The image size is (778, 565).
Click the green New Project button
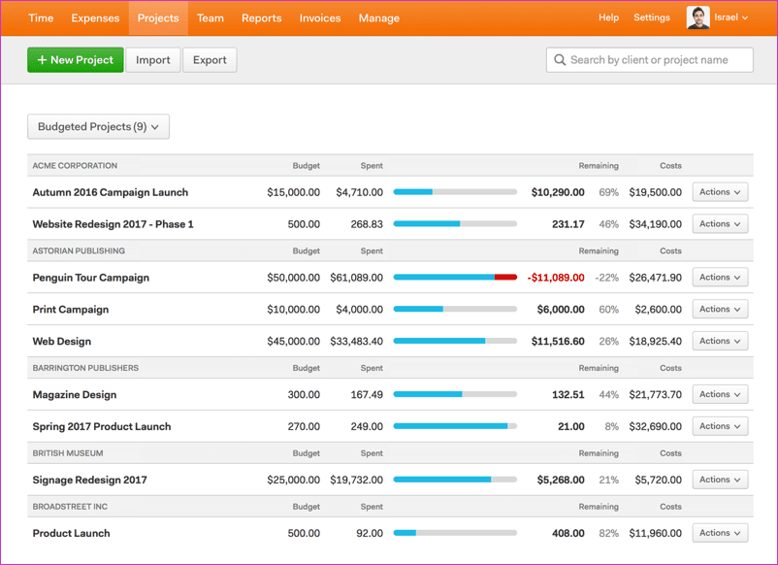click(x=76, y=60)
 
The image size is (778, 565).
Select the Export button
click(x=210, y=60)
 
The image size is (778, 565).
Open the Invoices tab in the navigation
click(x=320, y=17)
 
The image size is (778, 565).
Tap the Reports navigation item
click(x=262, y=17)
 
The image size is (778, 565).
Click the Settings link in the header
click(x=652, y=17)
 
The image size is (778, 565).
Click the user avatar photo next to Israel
click(x=698, y=17)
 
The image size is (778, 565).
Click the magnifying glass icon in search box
click(x=560, y=60)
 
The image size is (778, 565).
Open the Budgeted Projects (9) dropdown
click(x=98, y=126)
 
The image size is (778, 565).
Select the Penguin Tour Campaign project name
click(x=91, y=278)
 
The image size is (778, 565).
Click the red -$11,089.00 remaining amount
click(x=556, y=278)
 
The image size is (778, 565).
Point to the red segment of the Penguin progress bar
click(x=505, y=277)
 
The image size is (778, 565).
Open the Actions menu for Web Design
click(x=720, y=341)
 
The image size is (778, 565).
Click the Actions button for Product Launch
click(x=720, y=533)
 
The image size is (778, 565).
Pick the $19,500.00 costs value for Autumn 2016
click(x=656, y=192)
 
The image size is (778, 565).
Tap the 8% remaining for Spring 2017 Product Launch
click(x=612, y=426)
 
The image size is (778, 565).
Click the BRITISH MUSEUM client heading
click(x=68, y=453)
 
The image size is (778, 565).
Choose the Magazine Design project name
click(x=75, y=395)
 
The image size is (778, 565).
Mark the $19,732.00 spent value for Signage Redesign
click(x=357, y=480)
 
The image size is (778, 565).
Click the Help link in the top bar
click(x=608, y=17)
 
